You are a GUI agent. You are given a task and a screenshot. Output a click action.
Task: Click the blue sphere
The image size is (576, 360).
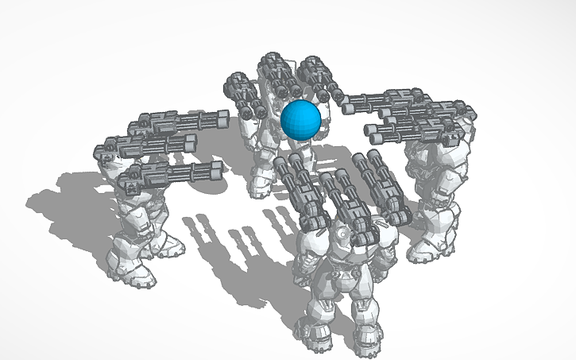(x=300, y=120)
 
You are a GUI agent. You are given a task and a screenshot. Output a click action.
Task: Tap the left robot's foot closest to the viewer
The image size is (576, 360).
(x=141, y=275)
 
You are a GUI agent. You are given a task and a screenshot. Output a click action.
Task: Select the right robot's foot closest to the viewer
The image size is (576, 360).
(x=421, y=252)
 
